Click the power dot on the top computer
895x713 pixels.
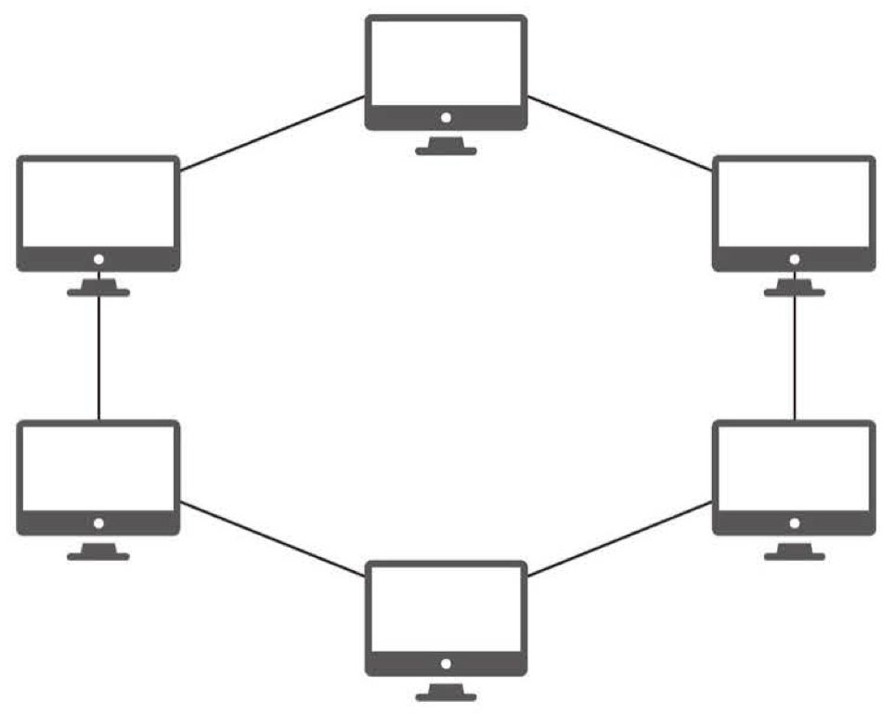[x=446, y=118]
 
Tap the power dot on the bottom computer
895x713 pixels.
[x=446, y=664]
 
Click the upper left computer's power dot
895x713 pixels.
[x=98, y=259]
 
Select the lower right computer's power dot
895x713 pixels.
[x=794, y=523]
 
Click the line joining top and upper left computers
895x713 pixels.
[x=272, y=134]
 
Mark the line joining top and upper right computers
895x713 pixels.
[x=619, y=134]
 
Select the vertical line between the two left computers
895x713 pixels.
[x=98, y=357]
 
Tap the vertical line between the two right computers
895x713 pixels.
[x=795, y=357]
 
